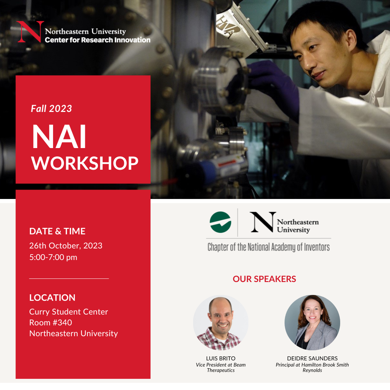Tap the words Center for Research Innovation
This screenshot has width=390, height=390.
click(97, 40)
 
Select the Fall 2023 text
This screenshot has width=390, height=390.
click(51, 109)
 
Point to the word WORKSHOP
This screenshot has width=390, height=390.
click(84, 164)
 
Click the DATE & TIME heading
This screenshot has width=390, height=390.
click(57, 231)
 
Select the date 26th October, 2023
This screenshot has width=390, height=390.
click(66, 246)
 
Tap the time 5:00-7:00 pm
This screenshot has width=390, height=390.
click(53, 257)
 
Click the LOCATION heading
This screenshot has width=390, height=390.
click(52, 298)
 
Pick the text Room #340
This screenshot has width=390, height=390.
click(51, 322)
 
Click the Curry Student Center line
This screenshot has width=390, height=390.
click(69, 312)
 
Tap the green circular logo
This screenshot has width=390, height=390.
click(220, 222)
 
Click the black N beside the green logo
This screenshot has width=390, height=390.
click(263, 222)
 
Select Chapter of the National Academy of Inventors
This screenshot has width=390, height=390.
click(269, 247)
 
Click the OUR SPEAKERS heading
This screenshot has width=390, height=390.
click(264, 279)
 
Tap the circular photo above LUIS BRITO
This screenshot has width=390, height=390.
click(221, 322)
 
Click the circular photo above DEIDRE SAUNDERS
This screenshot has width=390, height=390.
click(312, 322)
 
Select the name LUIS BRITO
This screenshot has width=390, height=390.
click(221, 359)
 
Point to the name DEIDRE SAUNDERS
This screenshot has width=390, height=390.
click(312, 359)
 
